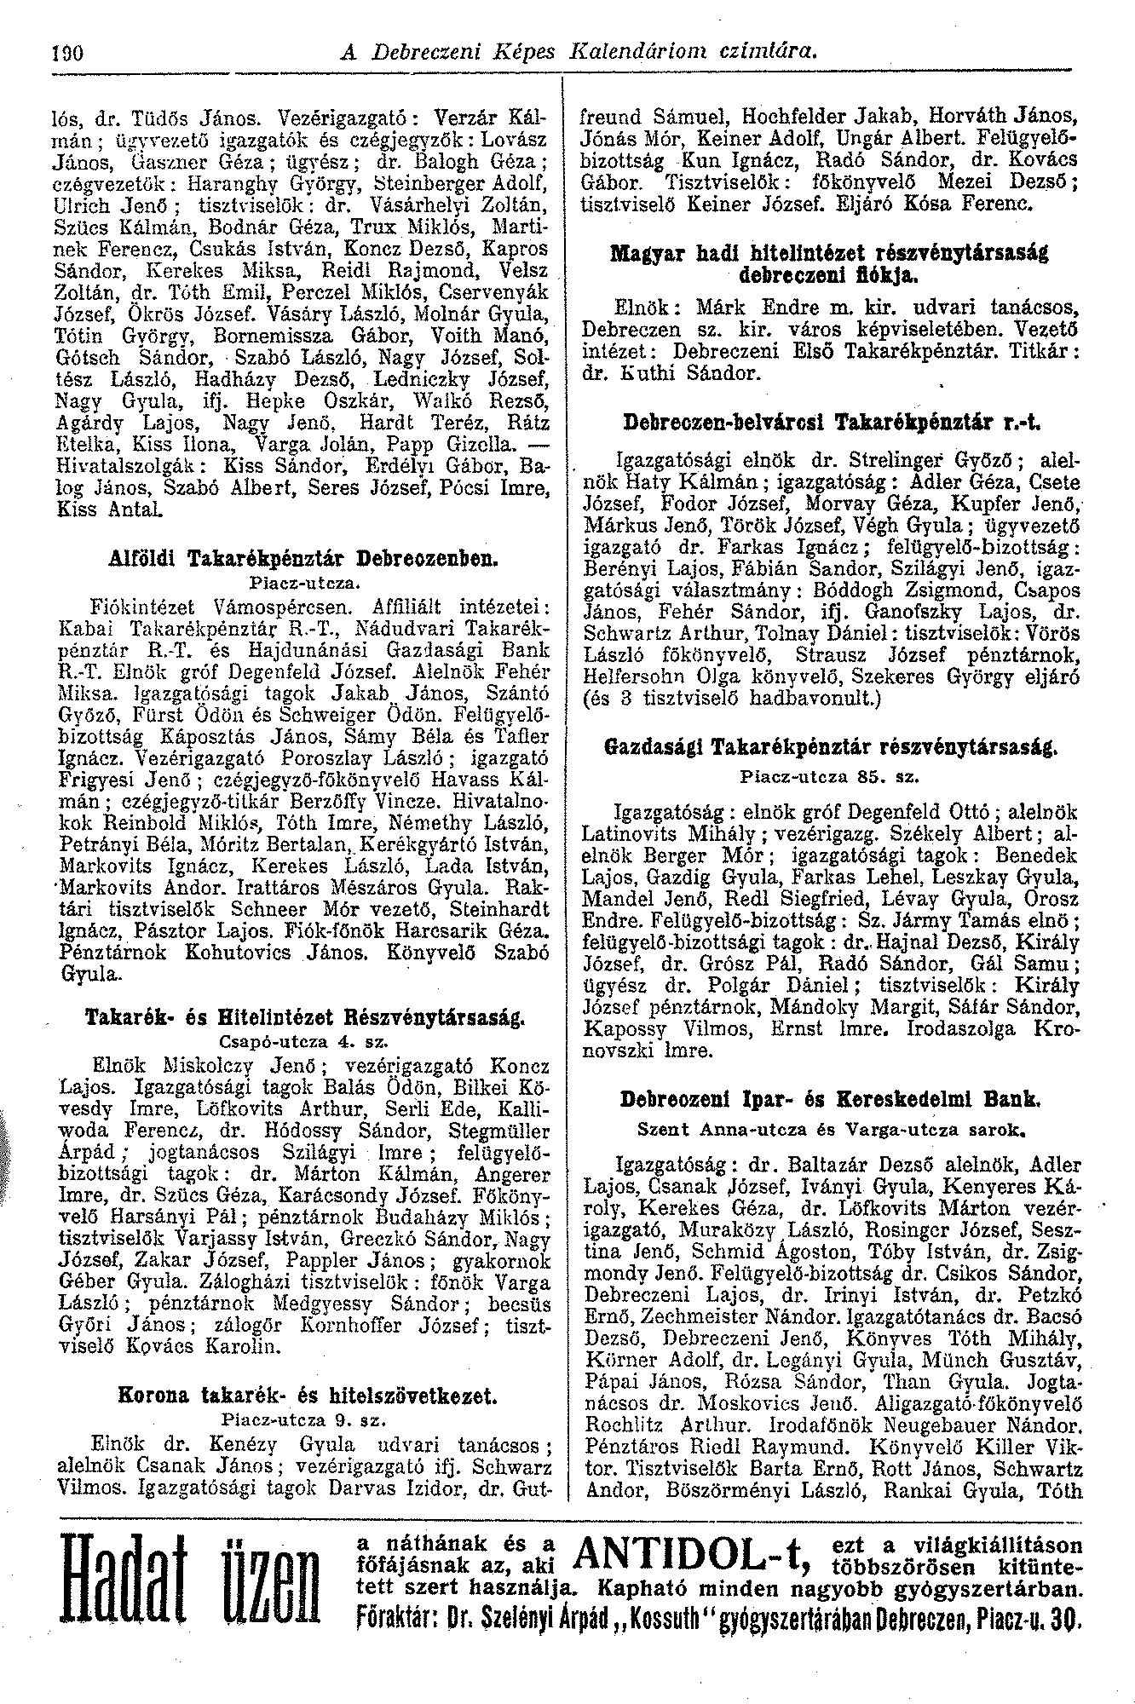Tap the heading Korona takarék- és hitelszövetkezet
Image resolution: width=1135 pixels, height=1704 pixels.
click(304, 1397)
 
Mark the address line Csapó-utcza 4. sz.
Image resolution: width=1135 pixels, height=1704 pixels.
click(304, 1042)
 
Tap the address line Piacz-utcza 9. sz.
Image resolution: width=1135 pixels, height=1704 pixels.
click(304, 1421)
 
